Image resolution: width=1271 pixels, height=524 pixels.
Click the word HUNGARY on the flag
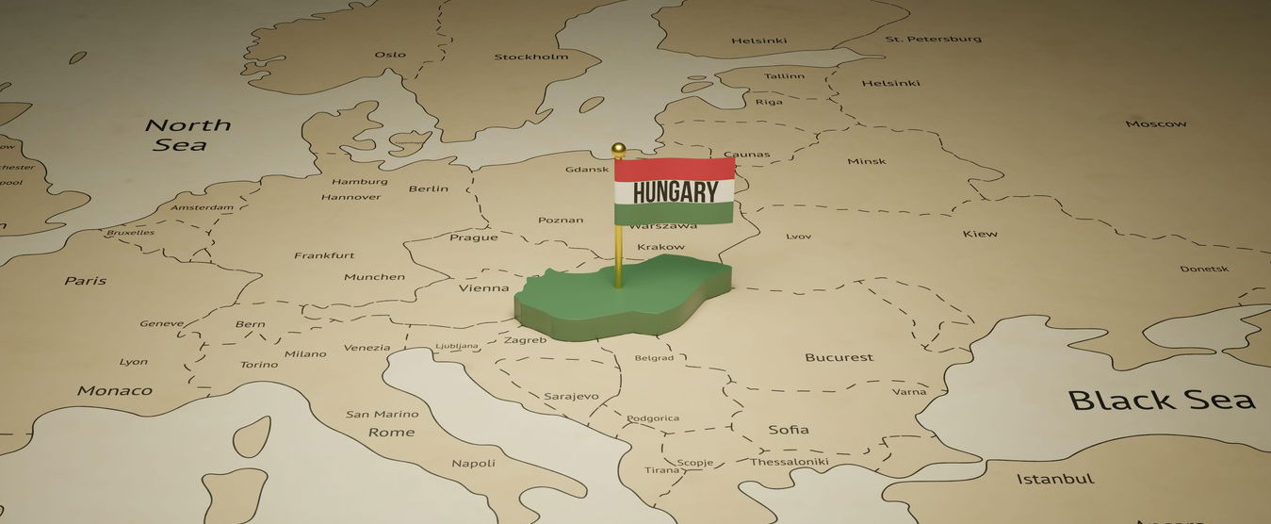675,192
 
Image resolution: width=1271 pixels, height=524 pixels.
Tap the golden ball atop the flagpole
618,149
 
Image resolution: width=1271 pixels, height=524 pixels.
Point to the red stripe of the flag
675,170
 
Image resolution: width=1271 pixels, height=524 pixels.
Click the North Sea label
187,135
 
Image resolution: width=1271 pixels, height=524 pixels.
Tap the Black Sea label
1161,400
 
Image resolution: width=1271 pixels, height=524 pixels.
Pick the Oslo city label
390,55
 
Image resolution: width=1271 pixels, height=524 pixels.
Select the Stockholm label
531,57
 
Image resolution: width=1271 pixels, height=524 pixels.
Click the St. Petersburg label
933,39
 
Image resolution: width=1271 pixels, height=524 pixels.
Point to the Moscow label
1155,123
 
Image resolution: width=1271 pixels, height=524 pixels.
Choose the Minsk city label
866,161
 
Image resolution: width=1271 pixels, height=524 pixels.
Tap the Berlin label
428,188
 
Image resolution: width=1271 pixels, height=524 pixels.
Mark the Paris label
85,281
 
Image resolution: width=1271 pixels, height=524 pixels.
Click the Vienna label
483,287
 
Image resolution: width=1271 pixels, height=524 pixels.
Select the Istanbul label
1055,479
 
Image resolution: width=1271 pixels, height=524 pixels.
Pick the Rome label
391,432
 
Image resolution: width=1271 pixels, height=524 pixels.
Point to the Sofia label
788,430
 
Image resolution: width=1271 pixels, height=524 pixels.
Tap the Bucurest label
839,357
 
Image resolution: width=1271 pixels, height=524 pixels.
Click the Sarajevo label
570,396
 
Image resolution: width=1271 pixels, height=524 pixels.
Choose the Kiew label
980,233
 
